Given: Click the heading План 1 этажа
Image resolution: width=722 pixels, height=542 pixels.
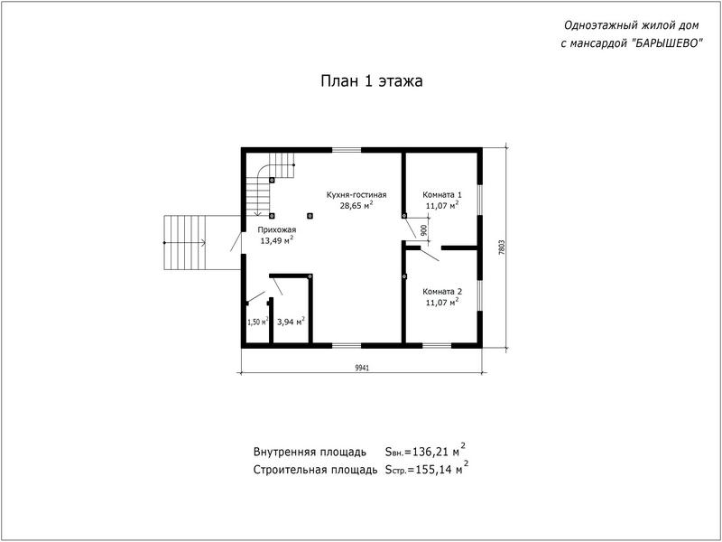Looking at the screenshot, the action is [x=372, y=81].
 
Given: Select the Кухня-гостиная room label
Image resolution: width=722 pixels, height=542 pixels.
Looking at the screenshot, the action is [x=356, y=194].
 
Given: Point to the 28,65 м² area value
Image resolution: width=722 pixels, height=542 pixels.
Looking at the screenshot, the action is [x=356, y=206].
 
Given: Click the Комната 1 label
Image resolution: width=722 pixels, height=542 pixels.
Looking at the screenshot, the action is [x=442, y=194].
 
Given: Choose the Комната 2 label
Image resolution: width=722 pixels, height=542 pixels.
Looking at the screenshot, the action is [x=442, y=291].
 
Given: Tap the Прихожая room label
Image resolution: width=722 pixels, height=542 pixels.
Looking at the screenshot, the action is [x=277, y=229].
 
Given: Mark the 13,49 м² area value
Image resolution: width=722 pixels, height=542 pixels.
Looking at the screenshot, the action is [x=277, y=240].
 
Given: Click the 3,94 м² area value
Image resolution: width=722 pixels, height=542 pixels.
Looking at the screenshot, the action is [x=291, y=322].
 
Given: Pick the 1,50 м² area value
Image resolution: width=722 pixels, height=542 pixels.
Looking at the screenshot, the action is [x=258, y=322].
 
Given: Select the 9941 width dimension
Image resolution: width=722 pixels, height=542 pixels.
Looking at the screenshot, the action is [x=363, y=368].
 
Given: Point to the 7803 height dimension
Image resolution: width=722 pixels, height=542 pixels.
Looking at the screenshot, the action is [x=502, y=248].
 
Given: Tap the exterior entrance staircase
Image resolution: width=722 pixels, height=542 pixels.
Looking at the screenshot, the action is [x=185, y=242].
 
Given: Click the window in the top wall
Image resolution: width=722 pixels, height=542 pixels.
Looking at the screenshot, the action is [x=347, y=150].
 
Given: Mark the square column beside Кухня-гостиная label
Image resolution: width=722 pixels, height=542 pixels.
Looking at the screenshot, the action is [x=310, y=215].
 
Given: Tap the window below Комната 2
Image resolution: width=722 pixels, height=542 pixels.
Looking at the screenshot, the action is [x=437, y=345].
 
